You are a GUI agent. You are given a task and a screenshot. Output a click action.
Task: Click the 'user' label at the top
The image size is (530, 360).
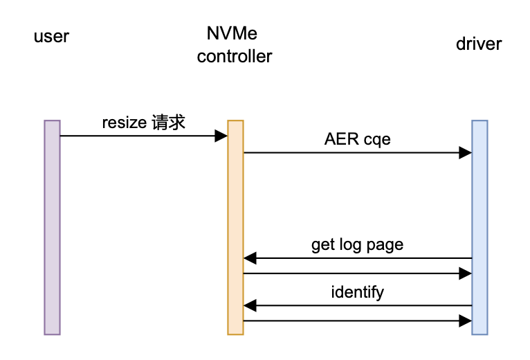(x=51, y=36)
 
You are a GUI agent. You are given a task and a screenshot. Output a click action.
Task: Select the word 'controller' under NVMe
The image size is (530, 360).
(x=235, y=57)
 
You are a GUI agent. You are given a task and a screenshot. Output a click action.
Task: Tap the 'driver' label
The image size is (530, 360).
(x=479, y=44)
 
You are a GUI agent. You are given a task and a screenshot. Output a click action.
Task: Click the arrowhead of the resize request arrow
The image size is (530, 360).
(x=221, y=136)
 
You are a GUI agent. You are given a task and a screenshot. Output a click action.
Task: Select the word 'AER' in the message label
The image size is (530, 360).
(x=338, y=139)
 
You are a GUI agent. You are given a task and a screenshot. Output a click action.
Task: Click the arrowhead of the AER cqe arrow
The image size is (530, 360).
(x=466, y=152)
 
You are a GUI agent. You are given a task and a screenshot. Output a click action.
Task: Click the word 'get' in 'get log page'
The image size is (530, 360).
(x=322, y=245)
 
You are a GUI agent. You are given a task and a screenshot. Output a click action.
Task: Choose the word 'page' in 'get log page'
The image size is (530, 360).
(x=386, y=245)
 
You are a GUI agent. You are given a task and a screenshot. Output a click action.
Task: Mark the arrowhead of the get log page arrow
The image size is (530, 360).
(x=250, y=259)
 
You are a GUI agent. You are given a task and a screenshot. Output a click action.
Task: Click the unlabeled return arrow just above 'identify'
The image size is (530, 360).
(x=357, y=273)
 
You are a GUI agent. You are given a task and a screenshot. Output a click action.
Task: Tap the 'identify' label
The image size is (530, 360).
(x=357, y=292)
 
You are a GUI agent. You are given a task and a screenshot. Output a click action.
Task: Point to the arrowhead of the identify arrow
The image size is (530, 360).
(x=250, y=305)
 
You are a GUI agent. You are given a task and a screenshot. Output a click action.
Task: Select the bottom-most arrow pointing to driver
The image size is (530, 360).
(x=357, y=321)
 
